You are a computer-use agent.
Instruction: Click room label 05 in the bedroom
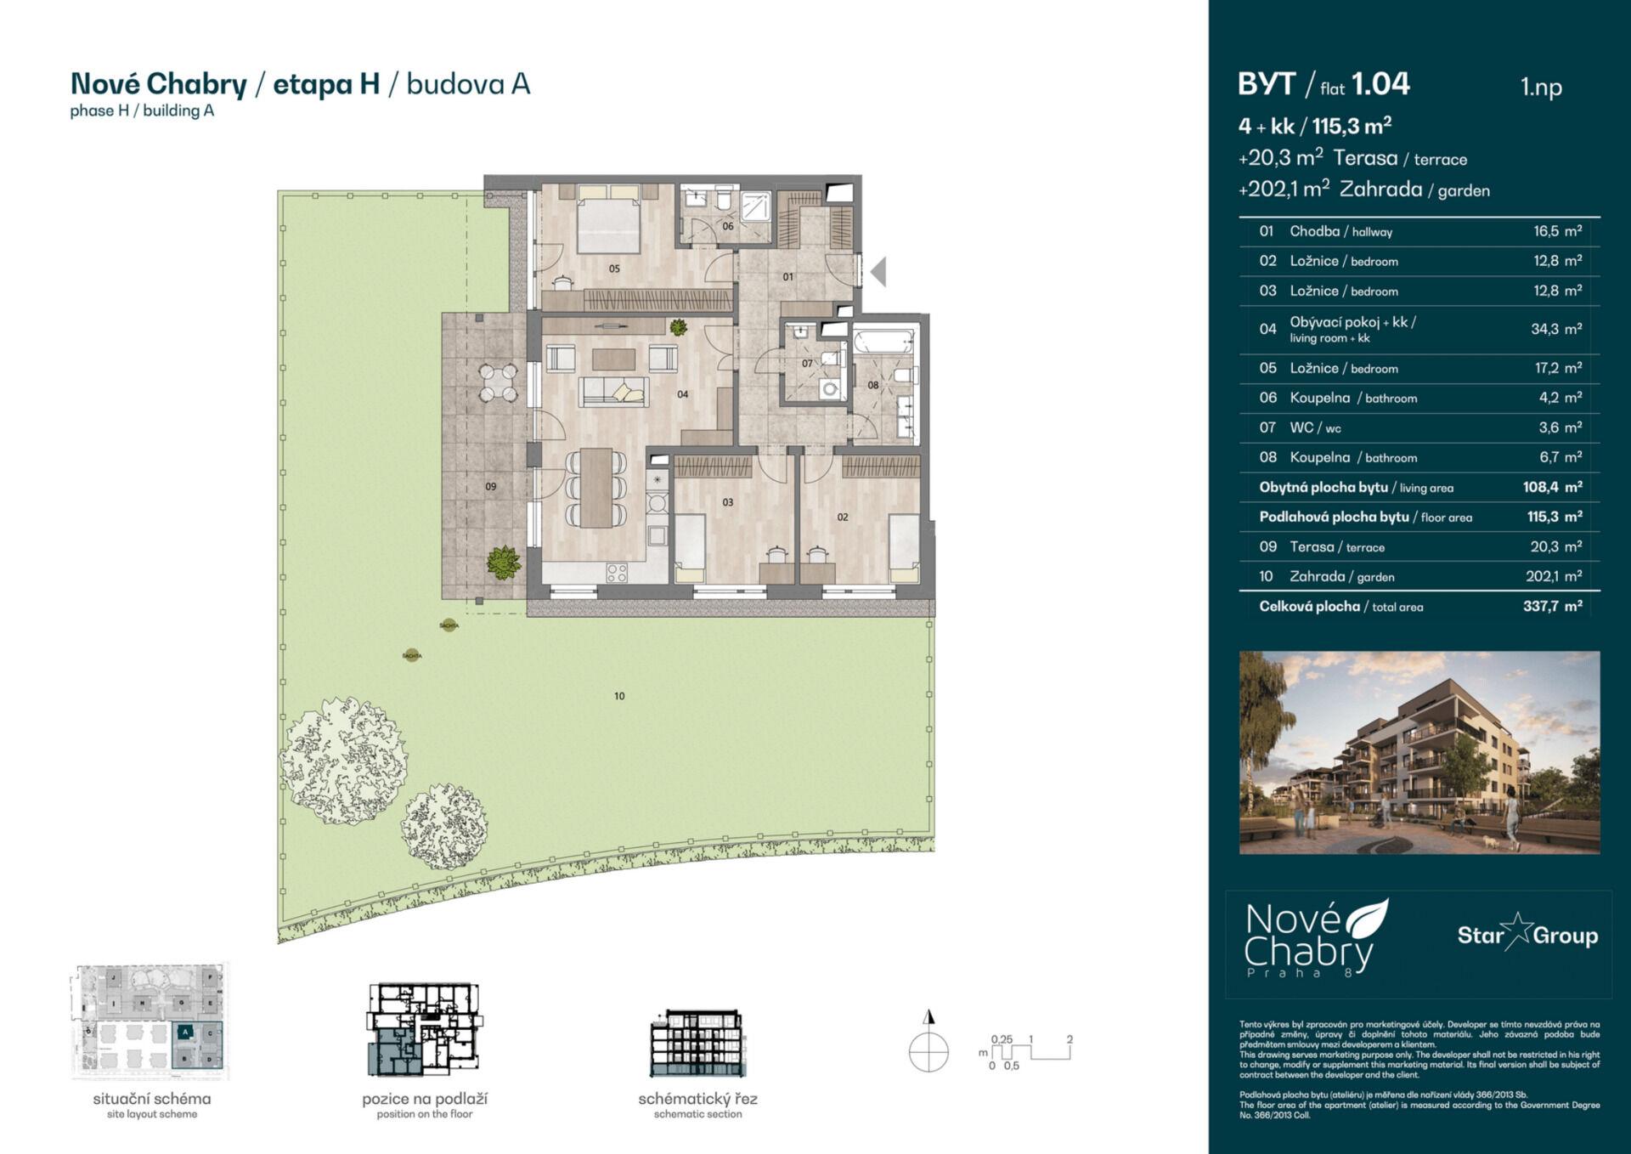pos(614,269)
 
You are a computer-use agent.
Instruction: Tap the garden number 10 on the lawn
pos(619,696)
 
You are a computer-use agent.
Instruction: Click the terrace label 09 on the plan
pos(490,487)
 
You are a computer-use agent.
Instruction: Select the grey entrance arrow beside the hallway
pos(878,272)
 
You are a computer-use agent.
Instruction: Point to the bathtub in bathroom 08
pos(883,343)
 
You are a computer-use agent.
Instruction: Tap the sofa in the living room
pos(613,392)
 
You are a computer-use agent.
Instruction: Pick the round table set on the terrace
pos(498,382)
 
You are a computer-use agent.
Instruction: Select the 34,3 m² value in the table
pos(1555,329)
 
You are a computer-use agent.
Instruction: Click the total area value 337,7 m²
pos(1552,607)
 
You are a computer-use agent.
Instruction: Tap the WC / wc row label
pos(1315,427)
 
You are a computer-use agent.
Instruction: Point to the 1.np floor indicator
pos(1541,87)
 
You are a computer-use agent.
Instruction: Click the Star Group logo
pos(1527,935)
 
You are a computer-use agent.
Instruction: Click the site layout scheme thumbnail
pos(150,1021)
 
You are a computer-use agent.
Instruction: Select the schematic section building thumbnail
pos(697,1044)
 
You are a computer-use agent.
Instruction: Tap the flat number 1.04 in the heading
pos(1380,84)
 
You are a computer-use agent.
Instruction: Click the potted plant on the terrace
pos(504,562)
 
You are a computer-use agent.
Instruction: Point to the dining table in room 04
pos(597,487)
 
